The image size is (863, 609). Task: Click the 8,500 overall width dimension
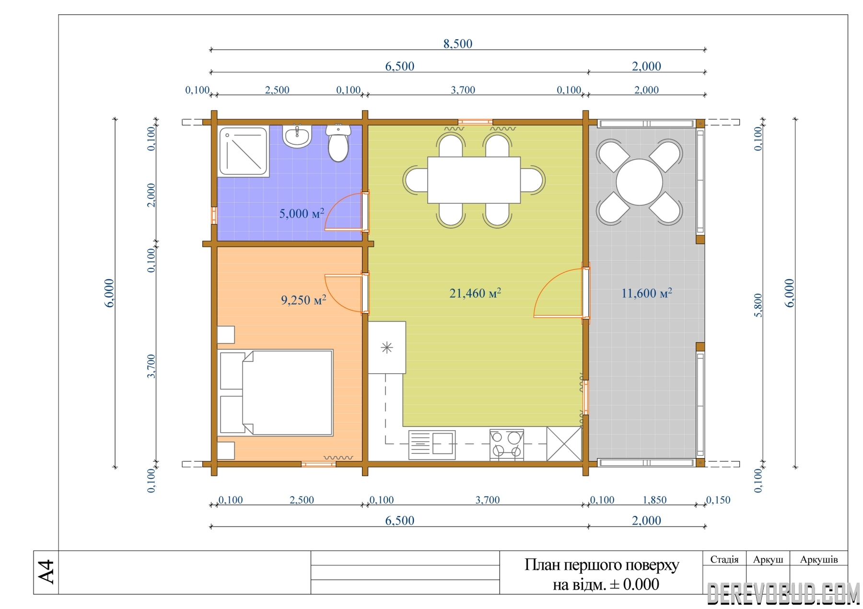[457, 44]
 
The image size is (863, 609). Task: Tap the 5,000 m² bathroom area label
[302, 213]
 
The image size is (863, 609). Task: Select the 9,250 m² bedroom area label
[303, 300]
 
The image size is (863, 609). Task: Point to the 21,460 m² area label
[475, 293]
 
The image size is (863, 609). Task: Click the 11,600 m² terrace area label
[646, 293]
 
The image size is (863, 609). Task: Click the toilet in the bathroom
[338, 143]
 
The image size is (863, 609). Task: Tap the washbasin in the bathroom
[297, 136]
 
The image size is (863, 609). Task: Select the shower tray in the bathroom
[243, 151]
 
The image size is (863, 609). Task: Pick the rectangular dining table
[474, 180]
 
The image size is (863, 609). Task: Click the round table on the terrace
[639, 182]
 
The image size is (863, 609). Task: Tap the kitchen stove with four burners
[506, 445]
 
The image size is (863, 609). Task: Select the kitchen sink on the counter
[431, 445]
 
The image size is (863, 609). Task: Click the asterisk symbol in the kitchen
[386, 347]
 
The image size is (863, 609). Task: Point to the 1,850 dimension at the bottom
[654, 500]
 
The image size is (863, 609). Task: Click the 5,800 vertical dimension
[758, 305]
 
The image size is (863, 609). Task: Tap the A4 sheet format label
[46, 572]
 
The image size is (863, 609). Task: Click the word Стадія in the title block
[724, 559]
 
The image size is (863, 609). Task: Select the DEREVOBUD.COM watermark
[783, 594]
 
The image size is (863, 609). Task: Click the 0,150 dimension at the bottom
[718, 500]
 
